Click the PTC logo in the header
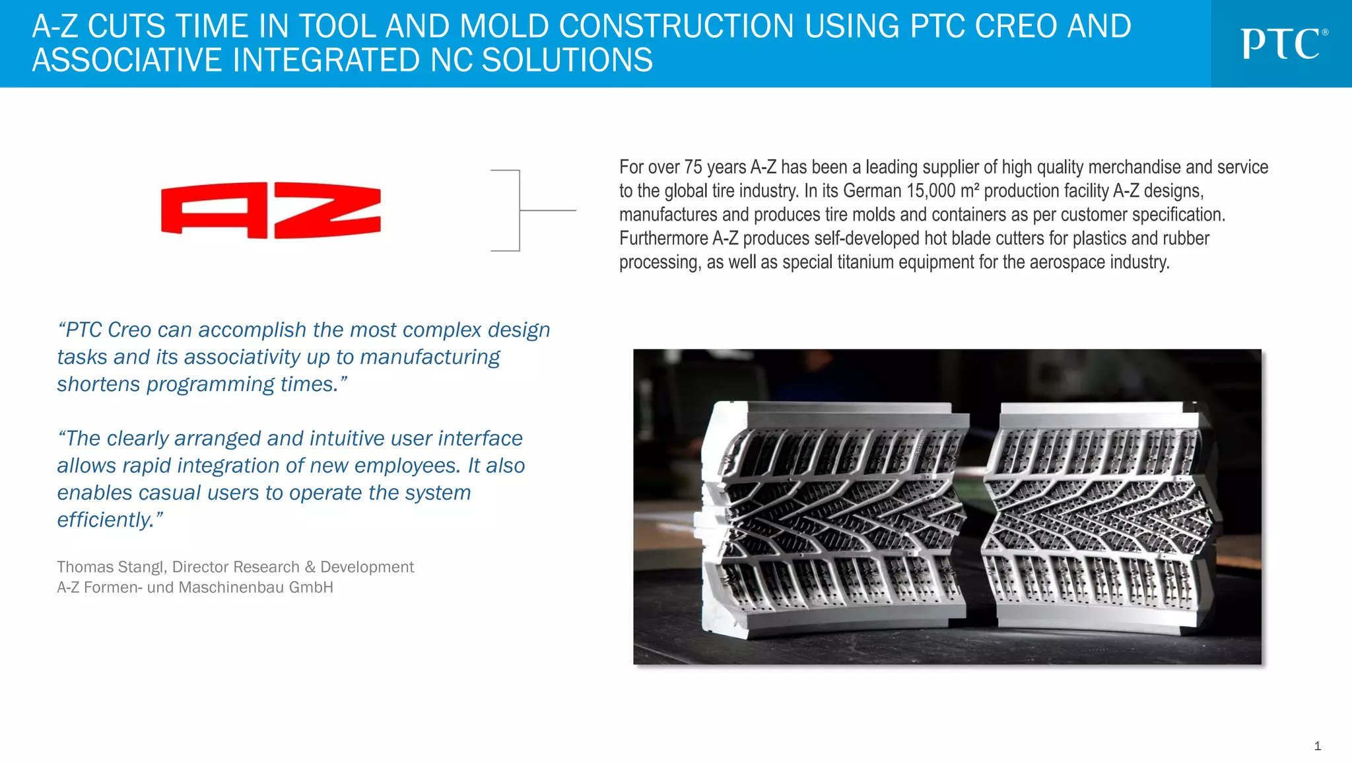(1283, 44)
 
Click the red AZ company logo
(271, 210)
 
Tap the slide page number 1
(1317, 746)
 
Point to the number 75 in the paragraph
(693, 167)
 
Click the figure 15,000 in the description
(930, 191)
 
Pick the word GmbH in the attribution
(311, 587)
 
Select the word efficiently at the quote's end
(106, 520)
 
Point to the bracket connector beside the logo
(520, 210)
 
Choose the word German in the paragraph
(872, 191)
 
